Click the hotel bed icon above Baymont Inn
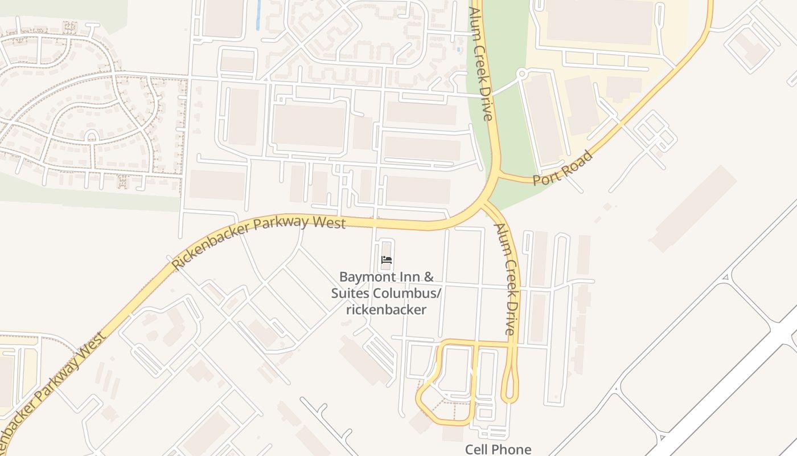coord(387,260)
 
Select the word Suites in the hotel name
coord(351,294)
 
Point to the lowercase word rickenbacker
coord(387,310)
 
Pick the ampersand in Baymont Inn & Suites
coord(428,278)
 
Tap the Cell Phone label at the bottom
coord(498,449)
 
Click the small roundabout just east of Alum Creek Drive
coord(522,74)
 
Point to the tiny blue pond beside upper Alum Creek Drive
coord(459,50)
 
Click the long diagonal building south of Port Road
coord(693,209)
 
